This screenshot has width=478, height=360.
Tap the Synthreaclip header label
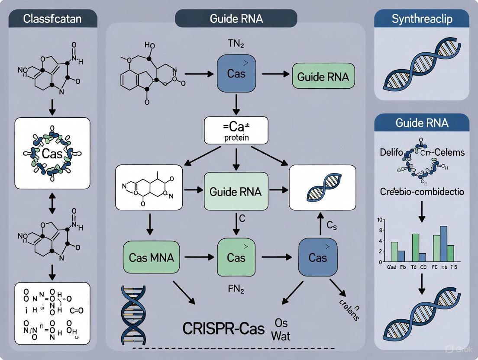tap(421, 19)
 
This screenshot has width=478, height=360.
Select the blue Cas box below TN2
tap(236, 73)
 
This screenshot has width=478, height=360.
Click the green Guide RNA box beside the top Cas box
tap(323, 77)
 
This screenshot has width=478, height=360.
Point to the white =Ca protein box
tap(236, 130)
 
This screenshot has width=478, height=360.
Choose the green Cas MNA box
tap(151, 257)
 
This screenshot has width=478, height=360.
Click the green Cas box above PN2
tap(236, 257)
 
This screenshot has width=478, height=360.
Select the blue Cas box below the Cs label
tap(317, 257)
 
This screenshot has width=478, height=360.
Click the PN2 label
tap(236, 289)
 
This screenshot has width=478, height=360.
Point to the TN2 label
tap(236, 43)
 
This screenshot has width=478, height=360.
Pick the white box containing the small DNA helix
tap(322, 187)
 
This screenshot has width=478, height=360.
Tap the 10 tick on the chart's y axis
tap(380, 220)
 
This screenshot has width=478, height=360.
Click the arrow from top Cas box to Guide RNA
tap(275, 74)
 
